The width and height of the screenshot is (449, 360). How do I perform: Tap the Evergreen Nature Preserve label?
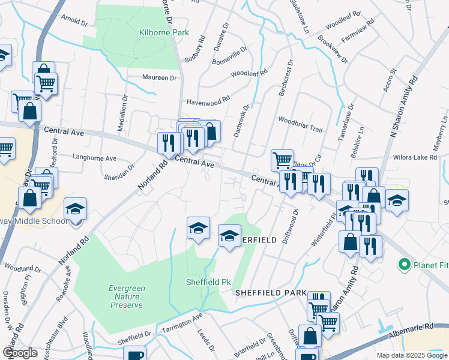point(127,296)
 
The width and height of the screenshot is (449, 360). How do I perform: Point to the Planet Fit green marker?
point(404,264)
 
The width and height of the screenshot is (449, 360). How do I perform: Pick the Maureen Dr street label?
point(159,77)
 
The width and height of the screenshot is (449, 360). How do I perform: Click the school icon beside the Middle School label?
point(76,209)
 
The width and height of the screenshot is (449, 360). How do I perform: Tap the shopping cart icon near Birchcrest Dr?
point(282,160)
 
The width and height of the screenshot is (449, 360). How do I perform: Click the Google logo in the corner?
point(20,352)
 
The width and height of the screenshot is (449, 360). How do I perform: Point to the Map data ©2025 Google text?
point(411,355)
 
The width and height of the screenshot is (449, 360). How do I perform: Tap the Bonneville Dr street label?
point(229,55)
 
